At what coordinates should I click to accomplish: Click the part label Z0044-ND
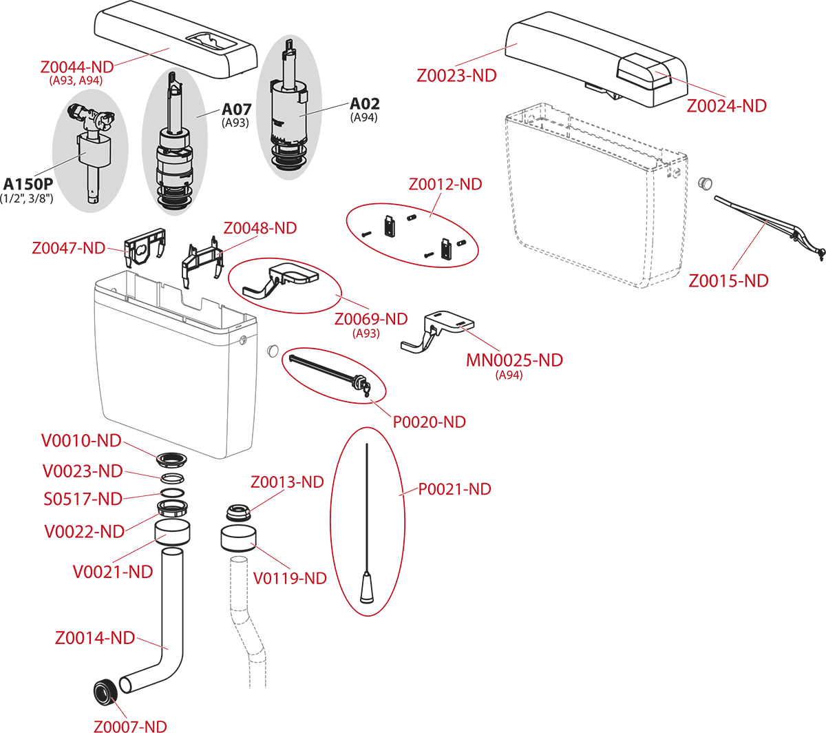pos(76,68)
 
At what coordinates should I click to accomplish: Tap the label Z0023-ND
pos(456,76)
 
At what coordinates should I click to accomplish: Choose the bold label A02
pos(364,104)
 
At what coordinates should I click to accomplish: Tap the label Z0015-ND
pos(728,280)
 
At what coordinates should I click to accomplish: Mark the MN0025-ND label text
pos(514,360)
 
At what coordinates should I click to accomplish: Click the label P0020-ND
pos(429,421)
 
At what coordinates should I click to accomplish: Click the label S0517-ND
pos(82,498)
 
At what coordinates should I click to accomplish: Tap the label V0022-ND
pos(83,531)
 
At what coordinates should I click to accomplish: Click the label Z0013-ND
pos(287,482)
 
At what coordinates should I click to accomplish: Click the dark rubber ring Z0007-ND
pos(105,691)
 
